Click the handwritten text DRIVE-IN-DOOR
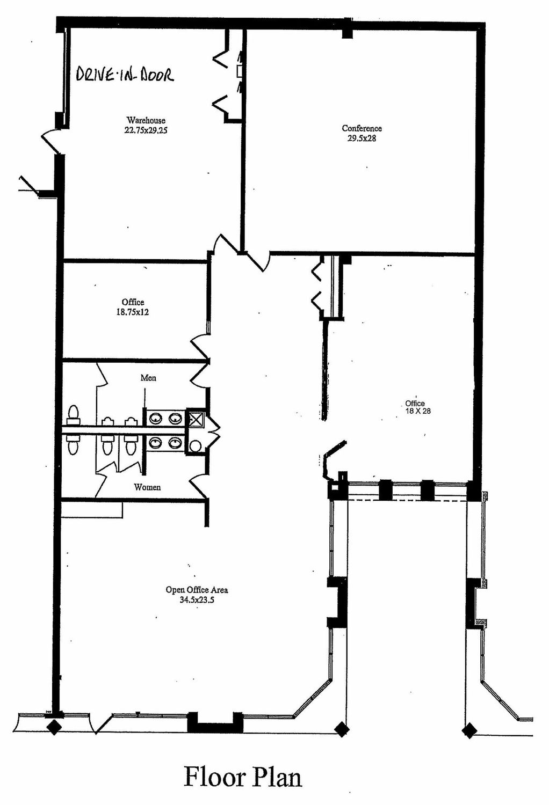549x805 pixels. click(125, 75)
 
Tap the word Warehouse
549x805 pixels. click(146, 120)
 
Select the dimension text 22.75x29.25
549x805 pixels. click(146, 130)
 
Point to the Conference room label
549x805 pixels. click(362, 128)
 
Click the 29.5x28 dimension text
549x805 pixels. click(362, 138)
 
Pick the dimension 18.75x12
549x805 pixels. click(132, 312)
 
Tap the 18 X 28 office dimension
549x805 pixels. click(418, 411)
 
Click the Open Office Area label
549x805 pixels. click(197, 590)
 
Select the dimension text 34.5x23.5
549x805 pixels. click(197, 600)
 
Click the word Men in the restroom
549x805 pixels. click(148, 378)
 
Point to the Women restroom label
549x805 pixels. click(147, 487)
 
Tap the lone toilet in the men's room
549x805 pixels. click(74, 414)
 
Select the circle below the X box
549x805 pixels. click(195, 447)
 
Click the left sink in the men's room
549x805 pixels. click(156, 418)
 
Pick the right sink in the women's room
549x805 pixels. click(175, 442)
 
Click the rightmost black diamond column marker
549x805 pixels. click(469, 730)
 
